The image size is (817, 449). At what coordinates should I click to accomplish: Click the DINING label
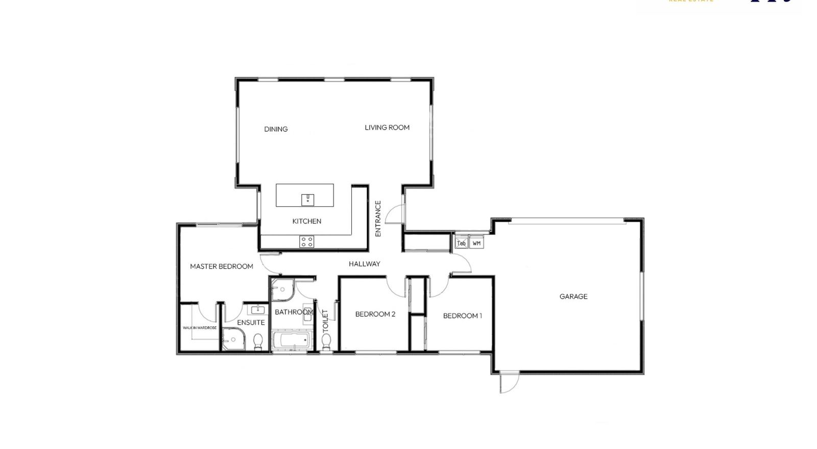click(x=276, y=129)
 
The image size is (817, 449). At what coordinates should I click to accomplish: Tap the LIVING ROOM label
click(x=387, y=128)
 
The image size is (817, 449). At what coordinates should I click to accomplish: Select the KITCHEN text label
click(x=306, y=221)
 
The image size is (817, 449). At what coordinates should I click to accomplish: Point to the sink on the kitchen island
click(x=307, y=199)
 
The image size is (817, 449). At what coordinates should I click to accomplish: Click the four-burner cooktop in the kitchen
click(x=307, y=242)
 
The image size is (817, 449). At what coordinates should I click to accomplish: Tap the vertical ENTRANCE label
click(x=378, y=218)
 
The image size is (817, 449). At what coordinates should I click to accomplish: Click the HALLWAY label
click(x=365, y=264)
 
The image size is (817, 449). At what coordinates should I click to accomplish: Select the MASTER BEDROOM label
click(x=222, y=266)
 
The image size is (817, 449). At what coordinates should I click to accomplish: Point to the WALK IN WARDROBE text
click(x=200, y=327)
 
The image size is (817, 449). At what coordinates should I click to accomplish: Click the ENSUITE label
click(x=251, y=323)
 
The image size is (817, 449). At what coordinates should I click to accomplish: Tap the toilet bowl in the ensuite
click(x=258, y=341)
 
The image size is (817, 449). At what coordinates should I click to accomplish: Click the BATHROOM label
click(x=294, y=312)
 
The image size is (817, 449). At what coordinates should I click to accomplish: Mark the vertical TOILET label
click(x=325, y=321)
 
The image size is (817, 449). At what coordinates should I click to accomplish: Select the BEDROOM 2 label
click(x=375, y=314)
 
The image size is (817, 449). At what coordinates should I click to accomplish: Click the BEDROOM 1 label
click(x=462, y=316)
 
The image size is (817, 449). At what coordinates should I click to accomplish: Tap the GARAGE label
click(x=573, y=296)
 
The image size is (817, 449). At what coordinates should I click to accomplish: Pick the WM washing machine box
click(x=476, y=243)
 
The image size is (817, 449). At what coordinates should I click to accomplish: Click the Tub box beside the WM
click(x=461, y=243)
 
